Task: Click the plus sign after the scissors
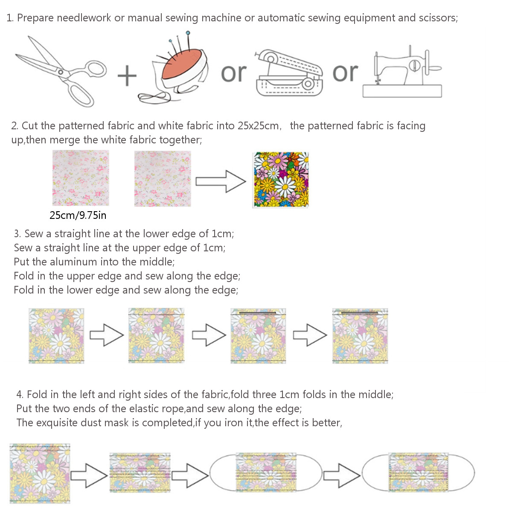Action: tap(127, 76)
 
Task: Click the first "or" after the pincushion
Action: tap(234, 73)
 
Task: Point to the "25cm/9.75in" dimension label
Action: tap(78, 215)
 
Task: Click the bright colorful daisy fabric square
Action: tap(281, 180)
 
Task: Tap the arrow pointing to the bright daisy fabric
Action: tap(221, 181)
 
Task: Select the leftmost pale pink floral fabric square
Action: tap(81, 178)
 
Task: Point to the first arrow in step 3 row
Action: tap(106, 335)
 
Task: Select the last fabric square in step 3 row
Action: tap(360, 336)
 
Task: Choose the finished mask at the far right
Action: tap(418, 472)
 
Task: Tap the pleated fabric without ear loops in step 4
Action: tap(140, 473)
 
